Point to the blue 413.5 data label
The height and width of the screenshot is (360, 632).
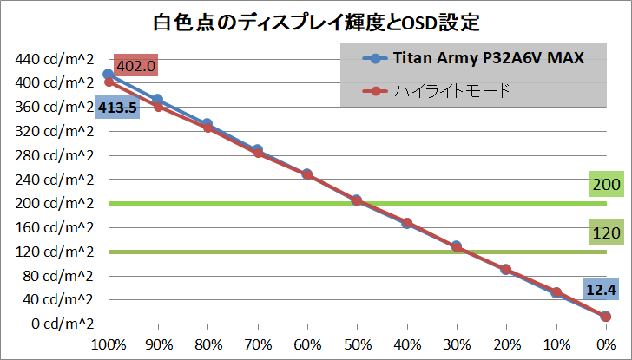coord(115,108)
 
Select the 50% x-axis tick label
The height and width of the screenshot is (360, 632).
coord(357,344)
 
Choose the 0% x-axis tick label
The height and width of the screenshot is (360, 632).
coord(606,344)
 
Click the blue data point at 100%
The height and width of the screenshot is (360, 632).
coord(108,75)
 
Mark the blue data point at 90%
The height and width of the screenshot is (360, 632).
coord(157,100)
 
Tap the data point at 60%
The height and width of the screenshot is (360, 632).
coord(307,174)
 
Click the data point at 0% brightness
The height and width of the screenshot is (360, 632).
coord(606,317)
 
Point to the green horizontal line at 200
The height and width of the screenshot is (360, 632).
coord(260,203)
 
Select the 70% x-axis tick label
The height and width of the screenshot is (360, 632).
coord(257,344)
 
